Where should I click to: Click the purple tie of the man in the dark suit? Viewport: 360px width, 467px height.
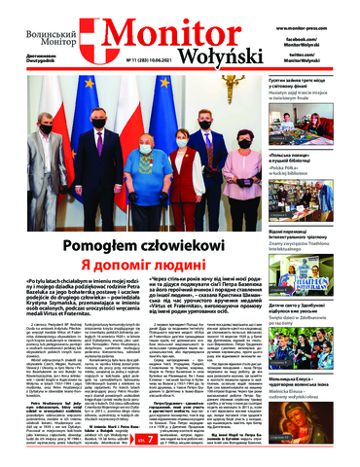pyautogui.click(x=99, y=142)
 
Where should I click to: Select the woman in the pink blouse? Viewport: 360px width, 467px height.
pyautogui.click(x=243, y=165)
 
